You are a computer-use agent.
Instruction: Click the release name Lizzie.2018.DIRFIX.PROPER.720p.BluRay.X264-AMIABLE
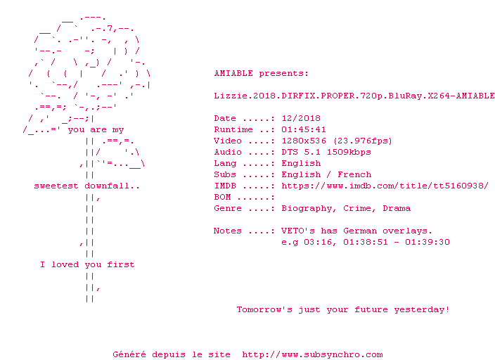pos(354,96)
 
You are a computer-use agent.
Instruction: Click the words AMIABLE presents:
pos(261,73)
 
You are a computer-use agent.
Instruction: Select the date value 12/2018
pos(301,118)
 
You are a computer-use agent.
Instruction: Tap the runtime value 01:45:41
pos(304,129)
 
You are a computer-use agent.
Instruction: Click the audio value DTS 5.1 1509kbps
pos(326,152)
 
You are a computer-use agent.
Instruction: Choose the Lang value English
pos(301,163)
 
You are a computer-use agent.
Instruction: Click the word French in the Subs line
pos(354,174)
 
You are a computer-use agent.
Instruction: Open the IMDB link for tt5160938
pos(385,186)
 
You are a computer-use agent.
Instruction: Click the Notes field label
pos(228,231)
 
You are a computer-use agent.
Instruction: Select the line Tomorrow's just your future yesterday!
pos(343,309)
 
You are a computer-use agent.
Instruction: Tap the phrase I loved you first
pos(87,264)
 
